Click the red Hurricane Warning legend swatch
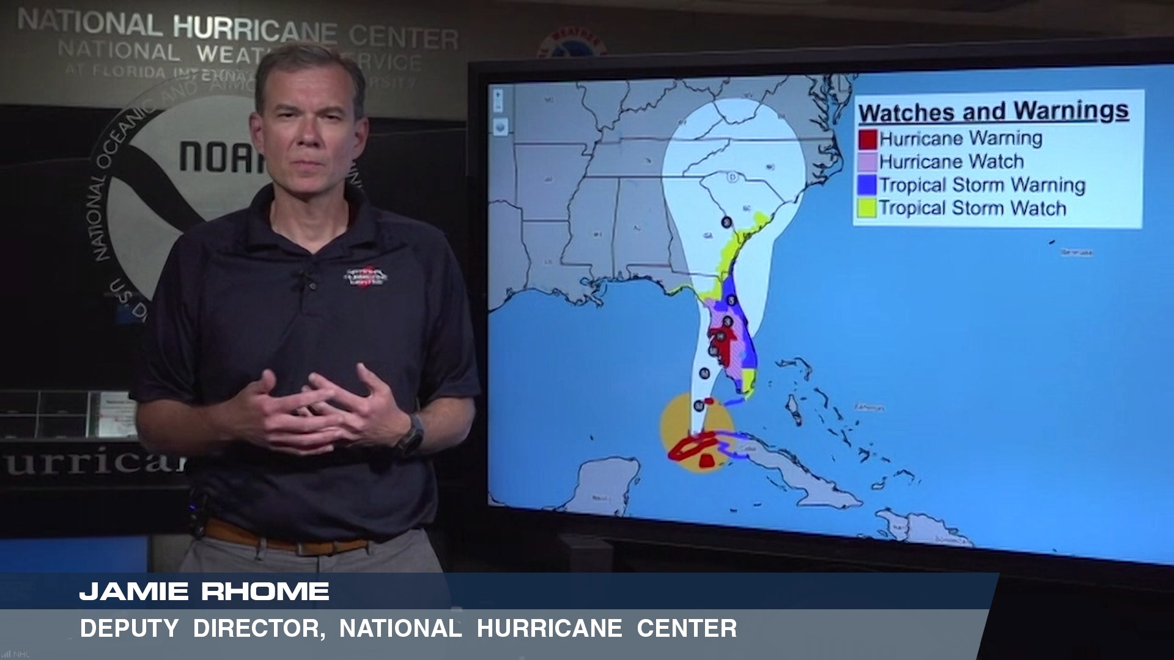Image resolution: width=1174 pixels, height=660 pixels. (868, 139)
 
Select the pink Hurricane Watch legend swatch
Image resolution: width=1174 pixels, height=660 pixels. (868, 162)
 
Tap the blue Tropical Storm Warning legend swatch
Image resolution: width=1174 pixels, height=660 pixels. (868, 185)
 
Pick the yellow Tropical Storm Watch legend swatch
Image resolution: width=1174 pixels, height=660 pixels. (868, 208)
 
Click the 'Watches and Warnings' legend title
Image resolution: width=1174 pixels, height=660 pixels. (993, 112)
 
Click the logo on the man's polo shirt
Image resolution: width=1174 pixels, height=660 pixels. (365, 277)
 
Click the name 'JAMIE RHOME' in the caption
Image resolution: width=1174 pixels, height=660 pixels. (204, 592)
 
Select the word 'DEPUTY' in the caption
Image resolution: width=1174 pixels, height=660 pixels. (129, 628)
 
